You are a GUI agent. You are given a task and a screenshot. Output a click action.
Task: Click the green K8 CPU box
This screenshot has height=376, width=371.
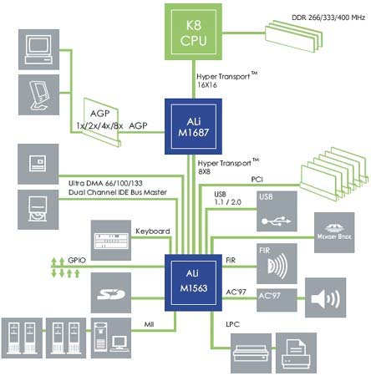pos(193,32)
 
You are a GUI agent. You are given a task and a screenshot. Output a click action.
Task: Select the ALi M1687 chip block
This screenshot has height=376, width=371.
pos(193,126)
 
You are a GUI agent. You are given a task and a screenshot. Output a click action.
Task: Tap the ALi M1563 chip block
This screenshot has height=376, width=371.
pos(193,282)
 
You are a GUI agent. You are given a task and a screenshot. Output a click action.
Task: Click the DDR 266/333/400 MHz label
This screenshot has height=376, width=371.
pos(328,18)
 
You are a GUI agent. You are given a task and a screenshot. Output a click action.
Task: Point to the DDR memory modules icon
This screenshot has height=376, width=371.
pos(294,36)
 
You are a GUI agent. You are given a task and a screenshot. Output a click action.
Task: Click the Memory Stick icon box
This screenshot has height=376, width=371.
pos(334,232)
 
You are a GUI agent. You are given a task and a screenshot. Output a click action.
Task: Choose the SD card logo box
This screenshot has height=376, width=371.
pos(111,292)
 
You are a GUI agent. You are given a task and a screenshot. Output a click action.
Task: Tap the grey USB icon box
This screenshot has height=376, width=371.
pos(277,211)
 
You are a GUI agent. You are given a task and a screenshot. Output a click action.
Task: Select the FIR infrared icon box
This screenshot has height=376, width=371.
pos(277,263)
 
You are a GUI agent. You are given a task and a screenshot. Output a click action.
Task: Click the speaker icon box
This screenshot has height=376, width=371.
pos(326,297)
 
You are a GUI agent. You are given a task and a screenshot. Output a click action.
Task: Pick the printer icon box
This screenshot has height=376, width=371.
pos(296,353)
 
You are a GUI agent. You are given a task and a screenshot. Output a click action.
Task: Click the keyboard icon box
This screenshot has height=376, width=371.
pos(111,241)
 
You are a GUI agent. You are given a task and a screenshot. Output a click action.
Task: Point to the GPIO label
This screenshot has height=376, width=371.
pos(77,261)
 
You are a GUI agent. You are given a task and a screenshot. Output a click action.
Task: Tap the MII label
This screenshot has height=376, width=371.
pos(149,324)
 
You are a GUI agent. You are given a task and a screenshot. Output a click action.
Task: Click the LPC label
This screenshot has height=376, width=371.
pos(232,324)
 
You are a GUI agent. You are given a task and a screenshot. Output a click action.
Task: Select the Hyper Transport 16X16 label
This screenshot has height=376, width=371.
pos(227,79)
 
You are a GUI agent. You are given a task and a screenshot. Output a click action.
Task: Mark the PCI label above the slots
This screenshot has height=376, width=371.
pos(257,180)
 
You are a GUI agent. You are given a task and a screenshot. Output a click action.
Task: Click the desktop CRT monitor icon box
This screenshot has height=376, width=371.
pos(38,49)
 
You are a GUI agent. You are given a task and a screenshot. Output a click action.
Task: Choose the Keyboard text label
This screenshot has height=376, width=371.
pos(153,231)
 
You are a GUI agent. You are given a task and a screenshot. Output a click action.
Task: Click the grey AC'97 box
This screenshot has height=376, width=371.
pos(277,300)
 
